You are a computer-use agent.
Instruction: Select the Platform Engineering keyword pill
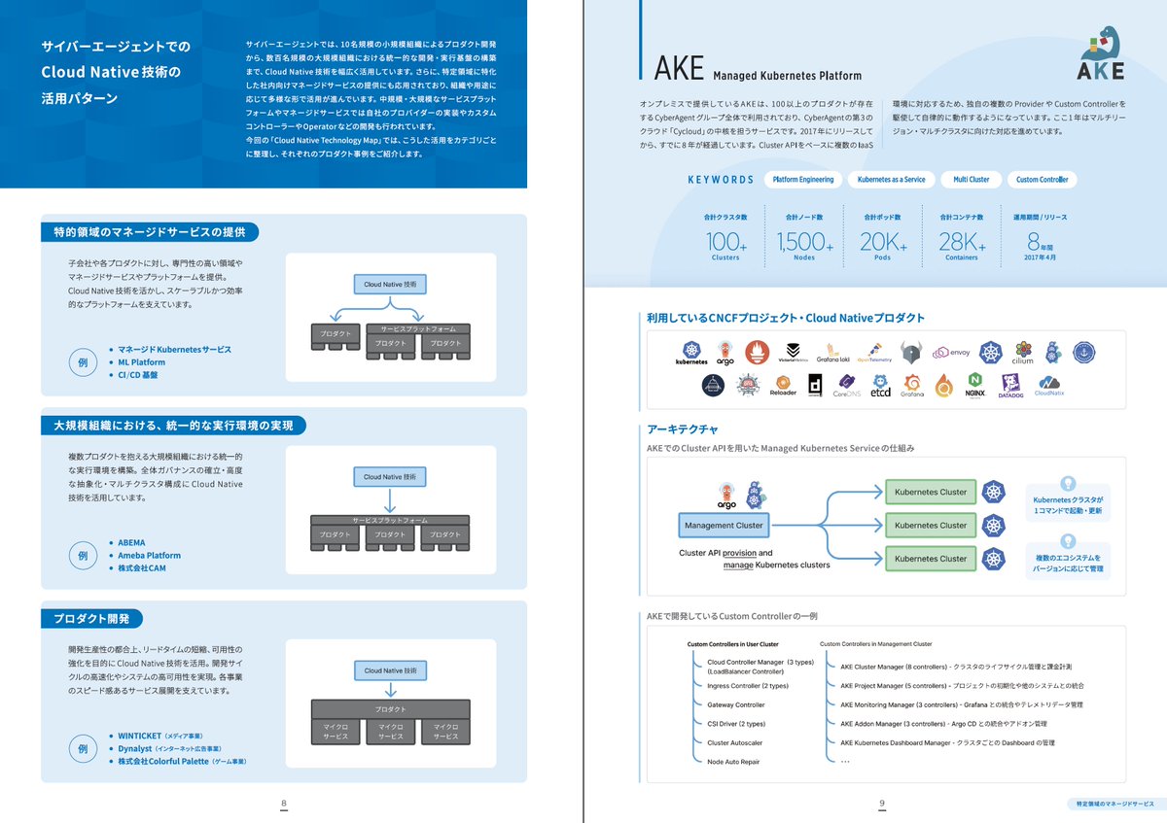pyautogui.click(x=802, y=180)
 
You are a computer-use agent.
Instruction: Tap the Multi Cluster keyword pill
pyautogui.click(x=971, y=180)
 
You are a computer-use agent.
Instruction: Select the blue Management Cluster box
pyautogui.click(x=724, y=526)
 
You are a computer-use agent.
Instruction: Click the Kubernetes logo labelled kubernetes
pyautogui.click(x=691, y=354)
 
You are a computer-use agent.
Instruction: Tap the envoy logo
pyautogui.click(x=951, y=353)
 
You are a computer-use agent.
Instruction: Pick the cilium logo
pyautogui.click(x=1022, y=354)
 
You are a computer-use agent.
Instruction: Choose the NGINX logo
pyautogui.click(x=975, y=386)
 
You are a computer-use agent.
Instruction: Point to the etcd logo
pyautogui.click(x=880, y=388)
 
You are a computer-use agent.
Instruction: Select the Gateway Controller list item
pyautogui.click(x=736, y=704)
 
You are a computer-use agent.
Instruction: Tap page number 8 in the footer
pyautogui.click(x=283, y=804)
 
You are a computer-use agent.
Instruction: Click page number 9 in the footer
pyautogui.click(x=881, y=804)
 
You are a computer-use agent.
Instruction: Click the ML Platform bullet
pyautogui.click(x=141, y=361)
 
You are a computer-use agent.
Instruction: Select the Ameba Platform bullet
pyautogui.click(x=150, y=555)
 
